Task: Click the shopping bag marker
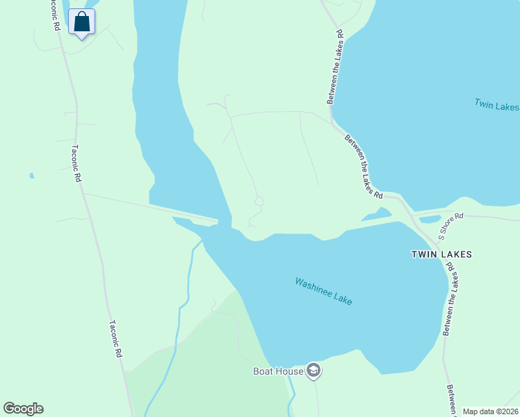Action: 82,22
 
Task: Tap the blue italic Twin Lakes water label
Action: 496,106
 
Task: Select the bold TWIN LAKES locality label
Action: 441,254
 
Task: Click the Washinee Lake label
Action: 323,291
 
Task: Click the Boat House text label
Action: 277,371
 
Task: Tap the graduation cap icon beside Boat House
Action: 314,371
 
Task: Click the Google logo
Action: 23,409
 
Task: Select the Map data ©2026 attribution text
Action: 491,411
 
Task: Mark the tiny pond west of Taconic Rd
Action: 31,176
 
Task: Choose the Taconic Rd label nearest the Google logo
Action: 115,338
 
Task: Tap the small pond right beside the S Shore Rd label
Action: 430,220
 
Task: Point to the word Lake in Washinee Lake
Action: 342,298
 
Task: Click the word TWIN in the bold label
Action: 423,254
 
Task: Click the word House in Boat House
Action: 291,371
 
